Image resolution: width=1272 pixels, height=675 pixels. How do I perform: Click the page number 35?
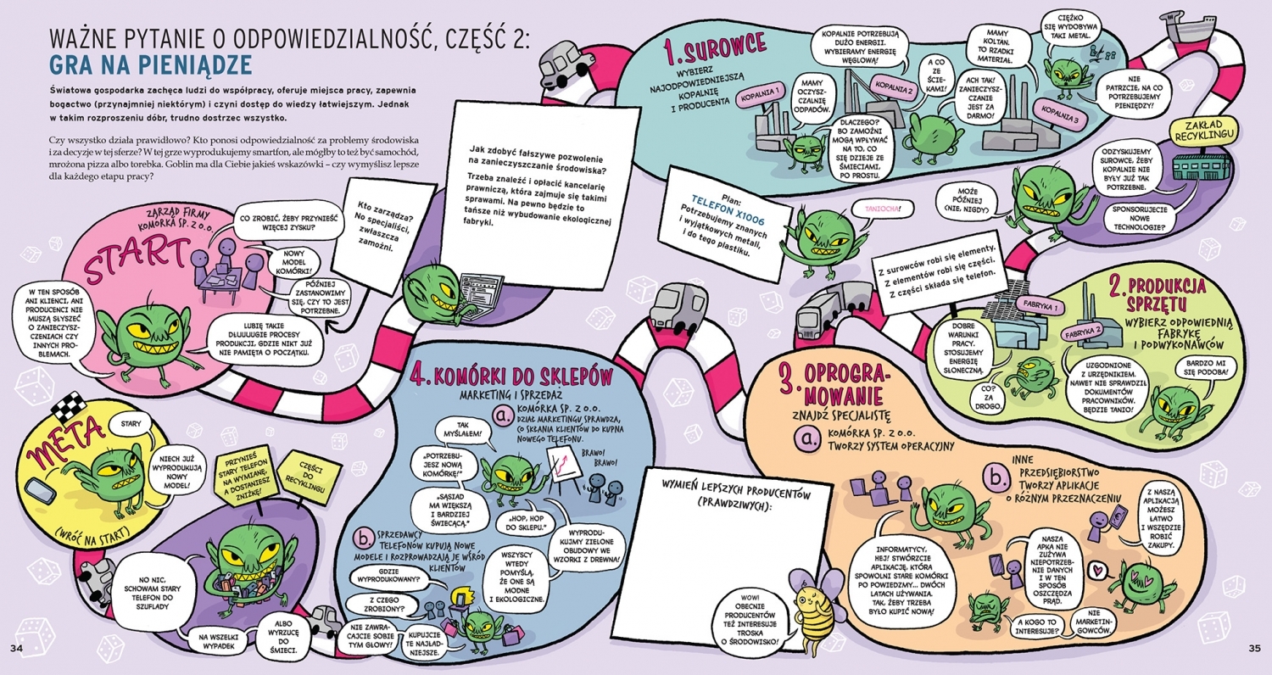pyautogui.click(x=1256, y=649)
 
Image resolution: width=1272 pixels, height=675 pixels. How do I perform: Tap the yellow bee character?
pyautogui.click(x=809, y=606)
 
